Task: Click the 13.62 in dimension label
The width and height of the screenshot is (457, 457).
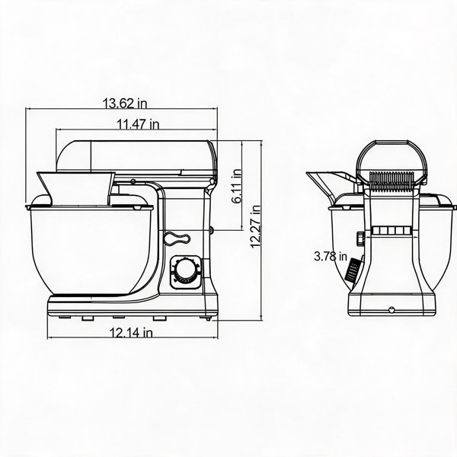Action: pyautogui.click(x=125, y=103)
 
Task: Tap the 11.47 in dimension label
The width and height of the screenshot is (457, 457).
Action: pyautogui.click(x=138, y=124)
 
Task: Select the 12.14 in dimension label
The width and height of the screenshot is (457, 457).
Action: pyautogui.click(x=131, y=332)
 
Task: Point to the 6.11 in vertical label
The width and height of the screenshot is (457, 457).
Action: pyautogui.click(x=237, y=186)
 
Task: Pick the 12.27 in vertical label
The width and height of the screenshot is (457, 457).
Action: pyautogui.click(x=256, y=226)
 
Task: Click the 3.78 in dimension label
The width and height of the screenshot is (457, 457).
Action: pyautogui.click(x=331, y=257)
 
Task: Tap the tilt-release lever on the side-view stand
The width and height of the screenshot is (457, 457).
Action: pyautogui.click(x=177, y=238)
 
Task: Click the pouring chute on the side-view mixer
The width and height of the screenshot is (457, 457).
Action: pyautogui.click(x=75, y=188)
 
